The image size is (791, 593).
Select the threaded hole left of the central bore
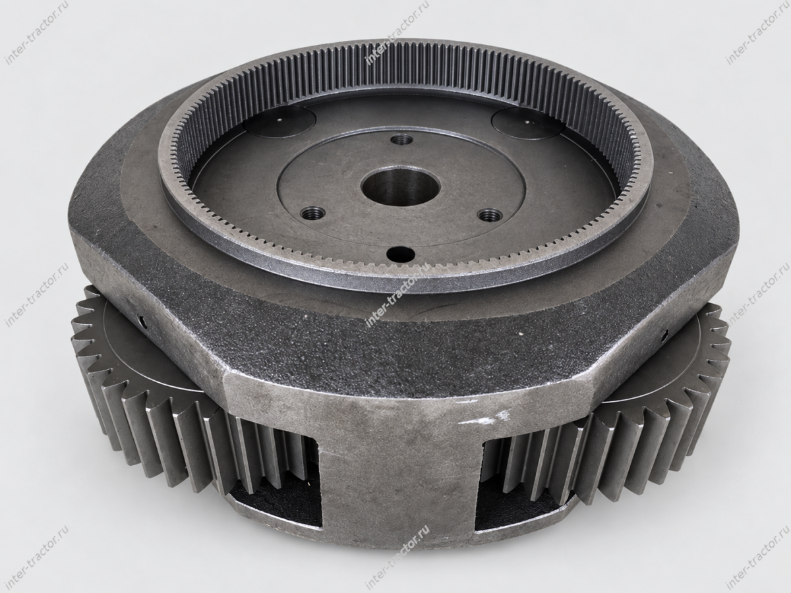pos(312,213)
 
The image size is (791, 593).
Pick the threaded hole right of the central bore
pos(490,215)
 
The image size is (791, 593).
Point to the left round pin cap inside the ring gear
pos(279,121)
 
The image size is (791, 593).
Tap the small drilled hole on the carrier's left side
pos(142,320)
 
